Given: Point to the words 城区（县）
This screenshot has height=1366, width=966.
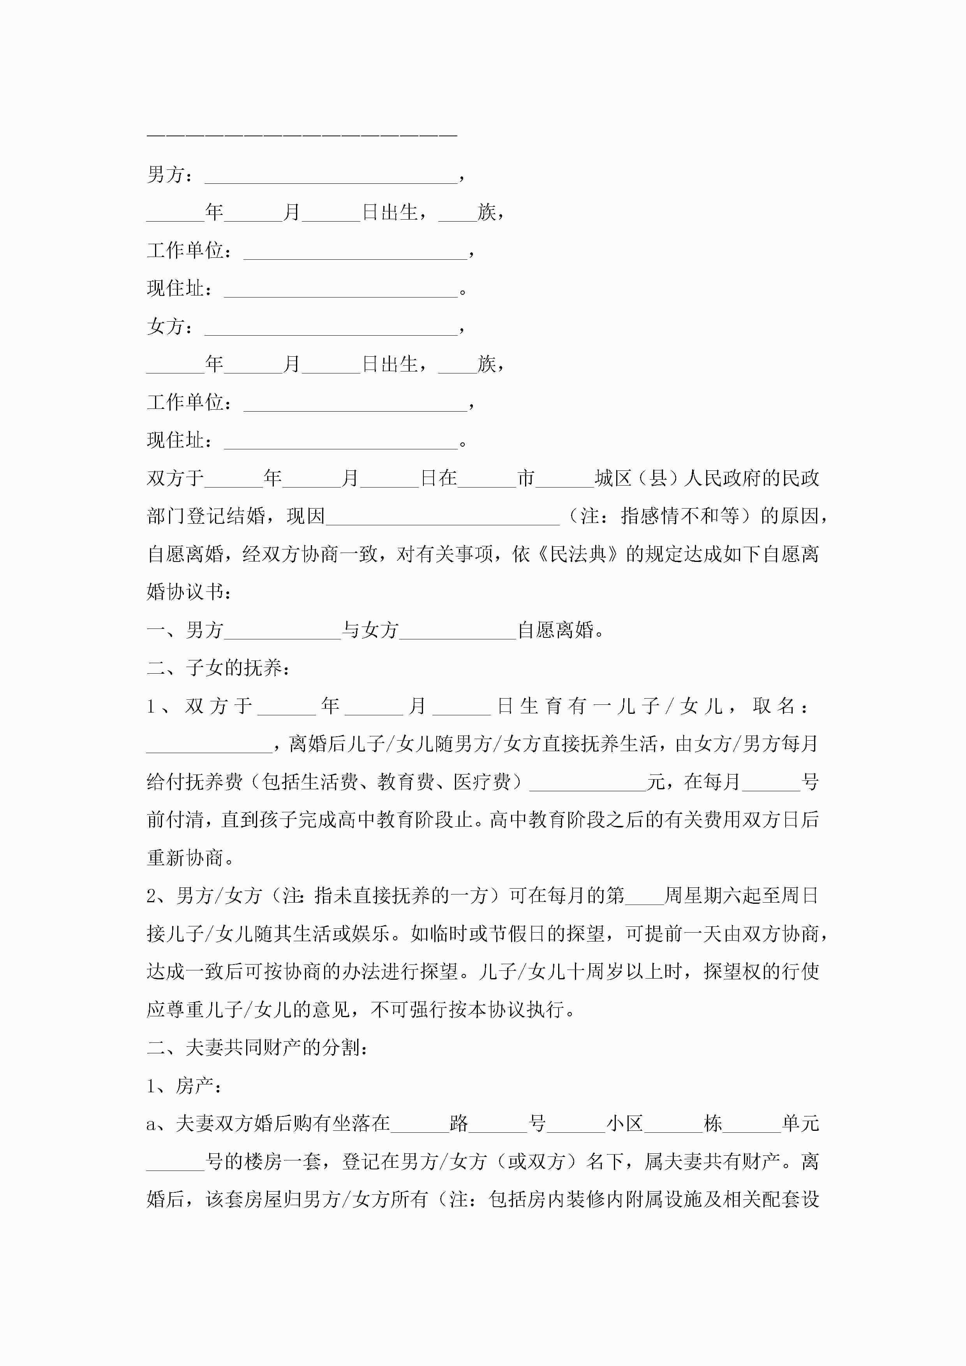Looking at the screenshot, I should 638,478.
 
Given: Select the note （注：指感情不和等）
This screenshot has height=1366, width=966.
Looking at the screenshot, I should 659,516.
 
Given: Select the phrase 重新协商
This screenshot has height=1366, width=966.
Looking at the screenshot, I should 185,858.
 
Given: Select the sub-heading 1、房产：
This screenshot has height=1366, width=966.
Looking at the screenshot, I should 185,1086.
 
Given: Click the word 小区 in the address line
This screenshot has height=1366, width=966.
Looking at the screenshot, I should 625,1123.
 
